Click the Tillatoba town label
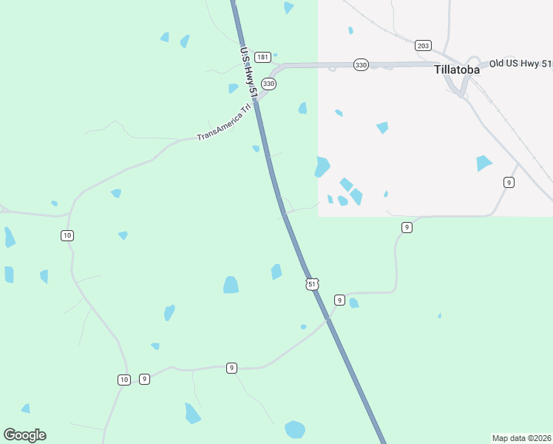point(456,70)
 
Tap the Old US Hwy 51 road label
point(520,64)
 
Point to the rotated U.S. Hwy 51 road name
point(248,73)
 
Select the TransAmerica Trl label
point(224,126)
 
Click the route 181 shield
point(262,57)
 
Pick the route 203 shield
point(423,46)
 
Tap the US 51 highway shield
point(312,284)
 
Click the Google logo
point(24,434)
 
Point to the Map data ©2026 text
point(521,437)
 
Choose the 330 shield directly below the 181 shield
point(268,84)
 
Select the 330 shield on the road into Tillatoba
point(361,65)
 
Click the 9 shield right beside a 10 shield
point(144,379)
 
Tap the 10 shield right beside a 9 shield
point(123,380)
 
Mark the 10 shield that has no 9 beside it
point(67,235)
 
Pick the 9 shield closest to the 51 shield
point(339,300)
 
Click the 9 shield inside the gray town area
point(509,182)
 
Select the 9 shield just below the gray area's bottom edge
point(407,227)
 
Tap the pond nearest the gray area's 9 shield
point(484,163)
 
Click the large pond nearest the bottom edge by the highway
point(295,429)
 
